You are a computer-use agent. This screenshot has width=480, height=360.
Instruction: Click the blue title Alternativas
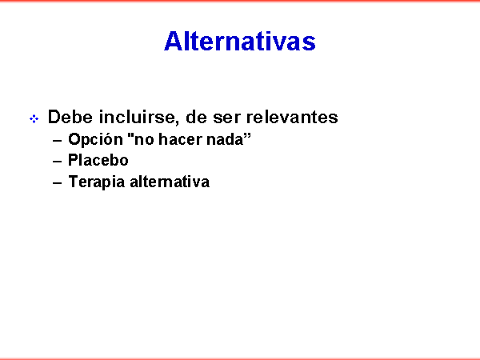click(x=240, y=41)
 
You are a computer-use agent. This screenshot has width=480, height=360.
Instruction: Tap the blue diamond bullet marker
click(x=34, y=118)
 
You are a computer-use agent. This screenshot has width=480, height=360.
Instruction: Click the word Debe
click(x=70, y=117)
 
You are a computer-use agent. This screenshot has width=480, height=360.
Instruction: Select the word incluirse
click(x=137, y=117)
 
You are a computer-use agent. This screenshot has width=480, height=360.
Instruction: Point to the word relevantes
click(x=292, y=117)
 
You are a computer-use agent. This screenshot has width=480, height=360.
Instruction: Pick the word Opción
click(x=95, y=139)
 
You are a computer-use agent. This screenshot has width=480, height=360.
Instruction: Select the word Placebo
click(x=98, y=160)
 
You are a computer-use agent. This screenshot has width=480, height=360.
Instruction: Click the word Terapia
click(x=97, y=182)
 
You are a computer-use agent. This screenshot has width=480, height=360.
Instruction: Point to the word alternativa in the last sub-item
click(x=170, y=182)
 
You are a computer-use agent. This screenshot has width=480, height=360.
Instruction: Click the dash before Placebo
click(x=58, y=162)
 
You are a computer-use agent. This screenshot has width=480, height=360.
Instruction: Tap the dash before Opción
click(x=58, y=141)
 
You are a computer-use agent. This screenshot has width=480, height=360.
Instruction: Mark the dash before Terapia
click(x=58, y=183)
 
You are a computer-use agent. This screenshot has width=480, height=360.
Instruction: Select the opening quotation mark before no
click(x=130, y=136)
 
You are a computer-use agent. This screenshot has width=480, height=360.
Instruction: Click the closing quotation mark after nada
click(x=247, y=136)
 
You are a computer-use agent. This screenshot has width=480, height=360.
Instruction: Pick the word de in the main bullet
click(x=196, y=117)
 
